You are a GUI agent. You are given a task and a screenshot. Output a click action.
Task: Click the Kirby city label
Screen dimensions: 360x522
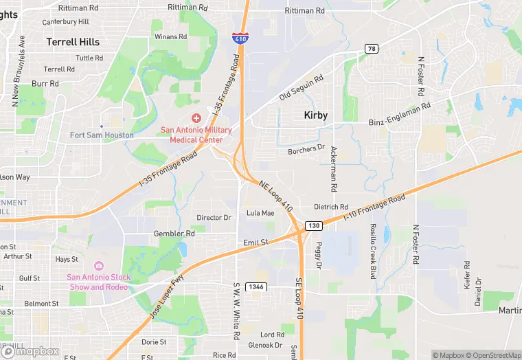tap(315, 115)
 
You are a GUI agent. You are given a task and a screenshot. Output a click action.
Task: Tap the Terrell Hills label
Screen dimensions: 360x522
tap(73, 42)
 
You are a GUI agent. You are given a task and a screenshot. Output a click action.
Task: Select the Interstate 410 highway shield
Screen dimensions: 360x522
tap(239, 38)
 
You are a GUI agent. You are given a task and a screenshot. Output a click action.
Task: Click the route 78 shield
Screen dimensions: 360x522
tap(371, 48)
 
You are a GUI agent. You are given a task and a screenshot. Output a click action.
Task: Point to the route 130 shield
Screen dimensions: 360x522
tap(314, 225)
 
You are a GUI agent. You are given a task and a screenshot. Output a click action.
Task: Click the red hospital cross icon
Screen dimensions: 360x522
tap(196, 118)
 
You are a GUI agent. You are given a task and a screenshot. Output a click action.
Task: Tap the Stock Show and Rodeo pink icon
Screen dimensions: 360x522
tap(98, 266)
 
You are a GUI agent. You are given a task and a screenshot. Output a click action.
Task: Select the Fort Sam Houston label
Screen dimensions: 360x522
tap(102, 135)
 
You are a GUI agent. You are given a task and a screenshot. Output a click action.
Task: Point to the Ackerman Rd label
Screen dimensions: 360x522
tap(334, 168)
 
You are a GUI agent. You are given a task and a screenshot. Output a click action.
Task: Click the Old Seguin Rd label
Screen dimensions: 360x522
tap(301, 88)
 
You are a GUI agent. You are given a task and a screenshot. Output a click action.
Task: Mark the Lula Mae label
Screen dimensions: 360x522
tap(260, 213)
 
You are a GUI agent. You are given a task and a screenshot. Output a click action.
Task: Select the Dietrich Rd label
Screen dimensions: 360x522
tap(331, 207)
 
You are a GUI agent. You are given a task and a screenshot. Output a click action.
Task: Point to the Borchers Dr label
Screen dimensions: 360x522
tap(306, 148)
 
